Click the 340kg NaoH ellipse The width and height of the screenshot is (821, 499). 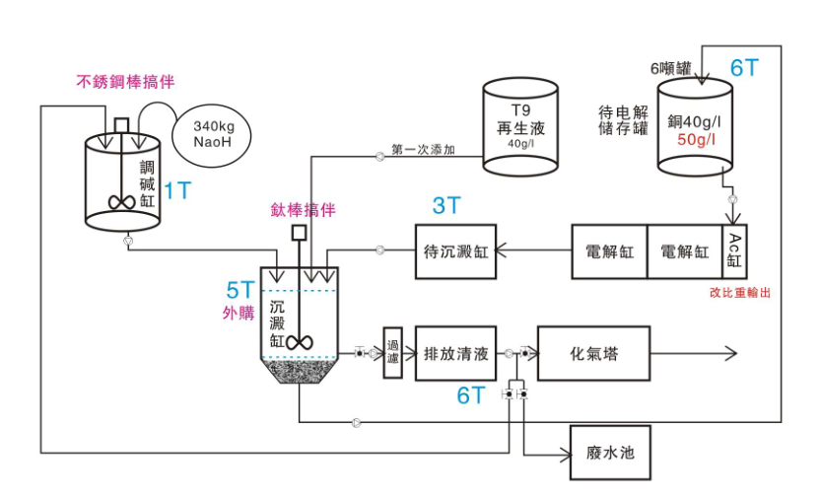tap(211, 134)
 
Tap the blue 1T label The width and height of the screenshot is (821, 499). tap(177, 190)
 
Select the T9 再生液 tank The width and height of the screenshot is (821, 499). tap(519, 127)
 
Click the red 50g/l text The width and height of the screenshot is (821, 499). tap(697, 139)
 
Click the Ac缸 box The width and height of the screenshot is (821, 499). tap(735, 251)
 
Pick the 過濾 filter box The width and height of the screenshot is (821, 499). tap(392, 352)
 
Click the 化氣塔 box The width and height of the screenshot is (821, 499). tap(593, 353)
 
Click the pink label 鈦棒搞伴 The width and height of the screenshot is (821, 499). tap(303, 210)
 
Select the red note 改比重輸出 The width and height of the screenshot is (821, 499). tap(739, 293)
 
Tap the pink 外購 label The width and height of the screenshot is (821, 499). tap(239, 314)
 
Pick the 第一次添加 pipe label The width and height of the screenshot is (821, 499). tap(422, 151)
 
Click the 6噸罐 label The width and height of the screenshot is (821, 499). tap(670, 68)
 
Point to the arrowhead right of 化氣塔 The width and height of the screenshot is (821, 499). tap(732, 353)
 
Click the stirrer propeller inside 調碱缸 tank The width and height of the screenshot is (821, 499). tap(122, 201)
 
